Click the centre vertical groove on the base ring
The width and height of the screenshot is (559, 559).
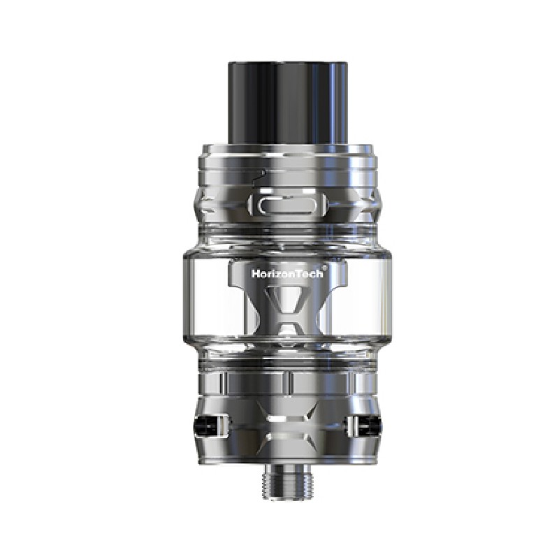287,382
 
